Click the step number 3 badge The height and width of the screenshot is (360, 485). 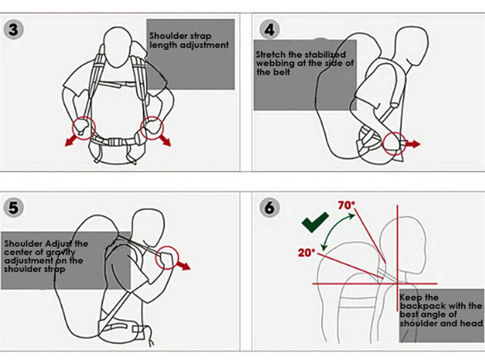[13, 29]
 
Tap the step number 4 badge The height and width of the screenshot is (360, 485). [269, 29]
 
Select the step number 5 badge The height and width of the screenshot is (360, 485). [13, 207]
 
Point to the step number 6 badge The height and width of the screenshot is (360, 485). [269, 207]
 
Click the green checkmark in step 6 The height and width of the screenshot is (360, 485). [315, 222]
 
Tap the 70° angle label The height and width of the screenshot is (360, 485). [347, 205]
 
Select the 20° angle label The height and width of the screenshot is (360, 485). [307, 253]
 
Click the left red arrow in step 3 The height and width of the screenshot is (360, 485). [72, 140]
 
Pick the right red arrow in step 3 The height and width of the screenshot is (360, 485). [164, 140]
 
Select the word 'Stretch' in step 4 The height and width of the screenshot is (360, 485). [271, 55]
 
